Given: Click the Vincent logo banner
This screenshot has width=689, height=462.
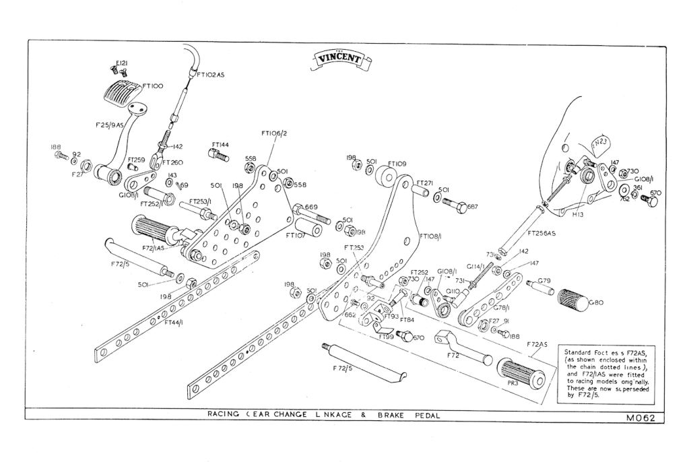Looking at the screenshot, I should click(343, 61).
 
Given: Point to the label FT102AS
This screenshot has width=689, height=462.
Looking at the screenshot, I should click(210, 75).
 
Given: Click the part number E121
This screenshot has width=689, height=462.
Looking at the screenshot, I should click(122, 63).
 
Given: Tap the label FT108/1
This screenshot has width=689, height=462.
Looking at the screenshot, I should click(431, 237).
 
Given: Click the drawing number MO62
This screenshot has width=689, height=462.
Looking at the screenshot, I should click(640, 418).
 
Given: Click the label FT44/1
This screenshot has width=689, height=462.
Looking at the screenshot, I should click(176, 322).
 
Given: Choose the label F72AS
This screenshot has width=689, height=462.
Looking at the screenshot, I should click(538, 344).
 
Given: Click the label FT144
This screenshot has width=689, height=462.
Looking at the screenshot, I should click(220, 144).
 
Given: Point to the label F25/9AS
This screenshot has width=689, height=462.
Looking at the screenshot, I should click(109, 125).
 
